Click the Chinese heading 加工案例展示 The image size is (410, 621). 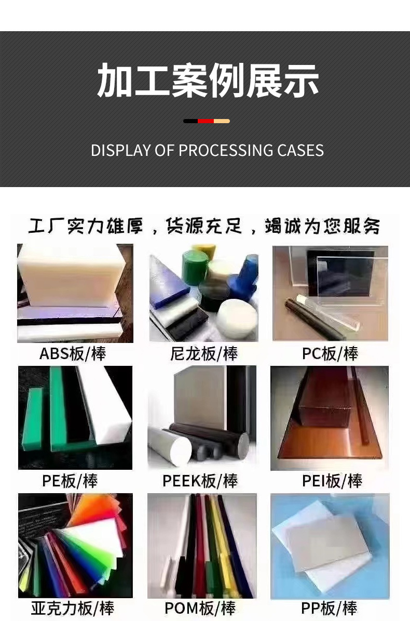(x=208, y=81)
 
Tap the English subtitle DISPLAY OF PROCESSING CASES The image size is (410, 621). (x=207, y=150)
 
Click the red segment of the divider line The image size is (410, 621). (x=206, y=121)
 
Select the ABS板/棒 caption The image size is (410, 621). (x=73, y=354)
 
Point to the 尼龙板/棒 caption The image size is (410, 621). (x=204, y=354)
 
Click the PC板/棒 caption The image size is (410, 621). (x=330, y=354)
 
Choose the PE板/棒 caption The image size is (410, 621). (x=70, y=481)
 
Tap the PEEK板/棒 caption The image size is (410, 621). (x=200, y=481)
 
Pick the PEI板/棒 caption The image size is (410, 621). (x=332, y=481)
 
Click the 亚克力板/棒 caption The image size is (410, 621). (x=72, y=608)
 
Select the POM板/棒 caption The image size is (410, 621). (x=200, y=608)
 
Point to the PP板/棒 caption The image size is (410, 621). (x=329, y=608)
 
